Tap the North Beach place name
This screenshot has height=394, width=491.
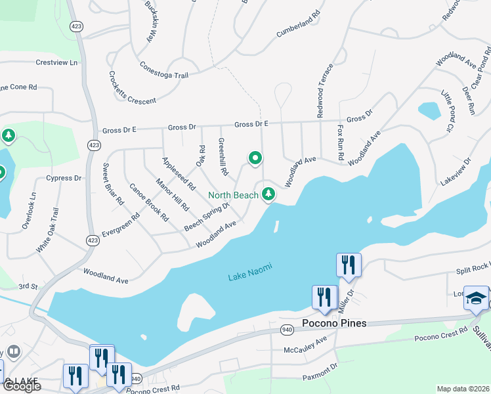tap(233, 195)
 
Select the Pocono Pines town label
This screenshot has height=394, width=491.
tap(333, 324)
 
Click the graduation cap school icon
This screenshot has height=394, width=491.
tap(476, 298)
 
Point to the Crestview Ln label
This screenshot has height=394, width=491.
tap(56, 62)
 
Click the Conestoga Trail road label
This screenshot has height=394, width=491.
tap(164, 71)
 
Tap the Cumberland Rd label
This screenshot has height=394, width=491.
tap(298, 21)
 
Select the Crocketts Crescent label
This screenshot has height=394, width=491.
tap(132, 88)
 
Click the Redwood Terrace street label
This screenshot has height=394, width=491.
tap(326, 91)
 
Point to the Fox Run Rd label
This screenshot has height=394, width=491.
tap(341, 144)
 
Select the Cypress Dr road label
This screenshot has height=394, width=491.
tap(63, 178)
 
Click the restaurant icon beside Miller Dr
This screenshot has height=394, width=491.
tap(347, 265)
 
